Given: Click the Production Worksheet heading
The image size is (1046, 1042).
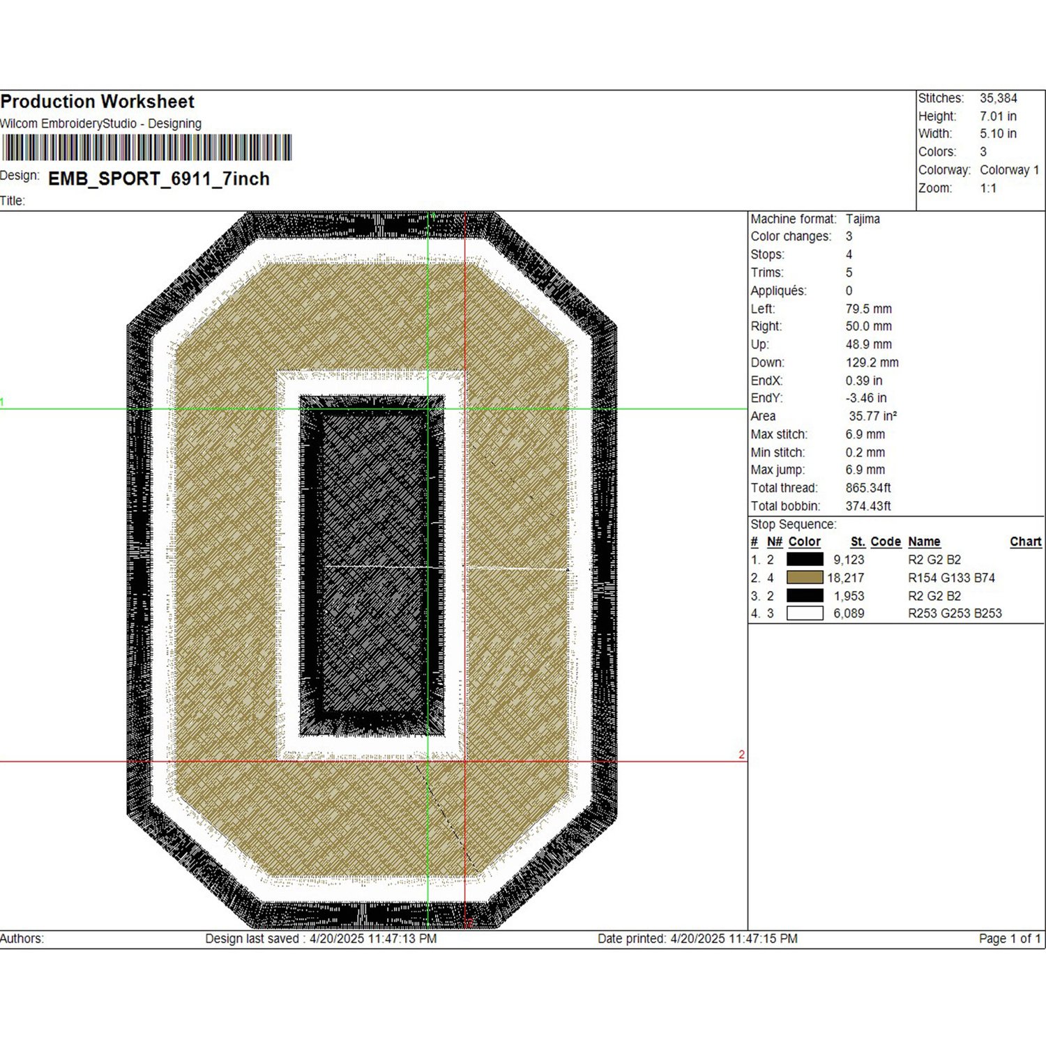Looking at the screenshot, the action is (98, 102).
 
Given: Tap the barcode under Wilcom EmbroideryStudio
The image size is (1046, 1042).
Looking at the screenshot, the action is (147, 148).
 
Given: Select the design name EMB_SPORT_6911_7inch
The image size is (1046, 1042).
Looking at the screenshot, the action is (159, 179).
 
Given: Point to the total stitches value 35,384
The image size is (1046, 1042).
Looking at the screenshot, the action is (999, 98).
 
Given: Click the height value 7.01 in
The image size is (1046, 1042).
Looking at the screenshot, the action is (998, 116).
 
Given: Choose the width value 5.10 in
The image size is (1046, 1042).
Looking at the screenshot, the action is (998, 134).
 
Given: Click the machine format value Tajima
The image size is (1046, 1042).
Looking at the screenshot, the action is (863, 219).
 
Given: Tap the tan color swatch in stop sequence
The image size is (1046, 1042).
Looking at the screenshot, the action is (805, 578).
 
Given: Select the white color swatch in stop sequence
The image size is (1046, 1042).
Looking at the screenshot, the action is (805, 613).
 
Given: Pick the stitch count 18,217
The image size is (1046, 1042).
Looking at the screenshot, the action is (846, 578).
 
